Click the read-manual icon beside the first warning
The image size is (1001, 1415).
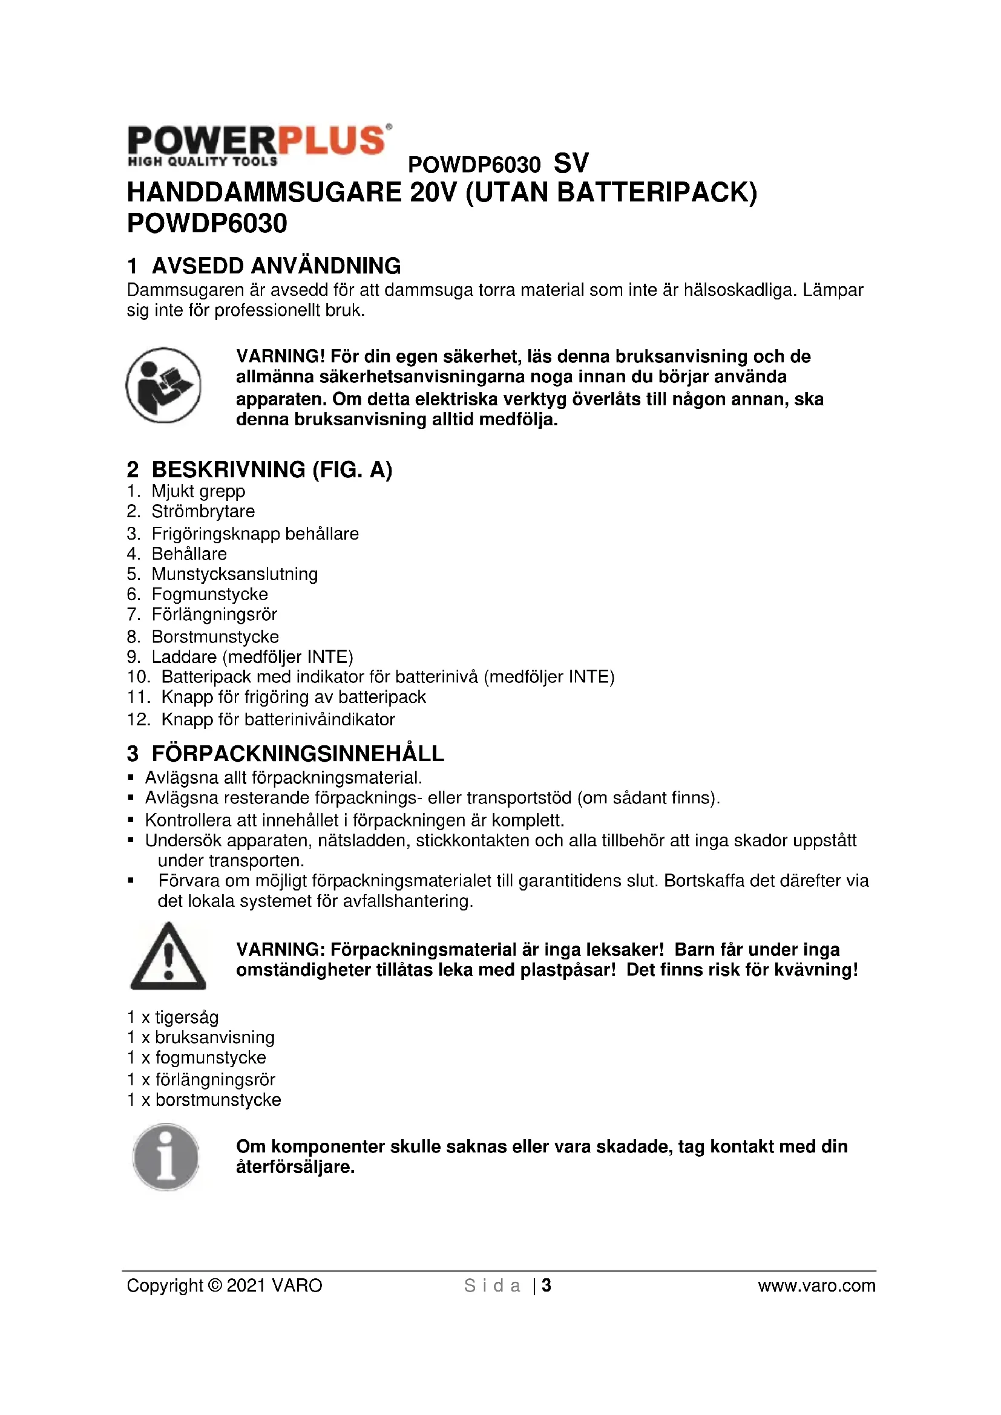[163, 385]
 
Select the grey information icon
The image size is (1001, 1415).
[166, 1157]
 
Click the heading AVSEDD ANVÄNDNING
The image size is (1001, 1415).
[276, 266]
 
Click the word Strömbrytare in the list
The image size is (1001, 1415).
[203, 511]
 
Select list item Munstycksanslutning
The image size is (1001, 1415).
[235, 574]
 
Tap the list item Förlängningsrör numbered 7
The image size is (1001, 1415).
[214, 615]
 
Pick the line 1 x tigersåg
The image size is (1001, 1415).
[172, 1017]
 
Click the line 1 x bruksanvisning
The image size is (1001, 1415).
[201, 1038]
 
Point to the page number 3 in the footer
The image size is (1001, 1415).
[546, 1286]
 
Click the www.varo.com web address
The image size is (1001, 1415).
[816, 1286]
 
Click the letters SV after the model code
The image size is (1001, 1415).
[571, 163]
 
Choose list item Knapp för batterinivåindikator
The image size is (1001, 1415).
[278, 719]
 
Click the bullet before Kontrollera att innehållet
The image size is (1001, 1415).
[131, 820]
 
